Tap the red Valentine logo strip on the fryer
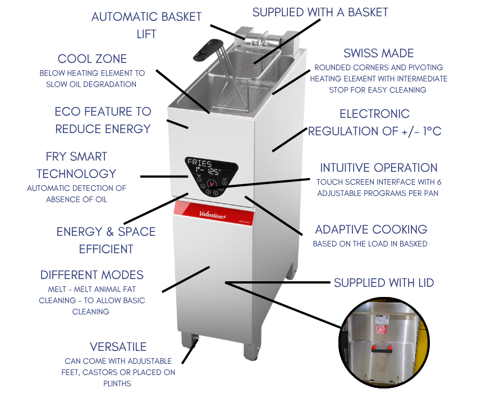coord(214,213)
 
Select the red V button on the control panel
coord(212,184)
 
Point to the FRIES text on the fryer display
coord(199,162)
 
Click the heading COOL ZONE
coord(92,59)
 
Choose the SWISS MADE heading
coord(379,53)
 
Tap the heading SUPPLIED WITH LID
coord(384,283)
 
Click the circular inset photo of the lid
coord(384,342)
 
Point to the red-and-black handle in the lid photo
coord(382,349)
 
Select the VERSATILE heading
coord(118,347)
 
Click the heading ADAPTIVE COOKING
coord(371,230)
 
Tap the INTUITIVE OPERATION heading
coord(379,168)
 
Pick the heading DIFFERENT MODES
coord(92,275)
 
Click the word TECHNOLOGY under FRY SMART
coord(76,174)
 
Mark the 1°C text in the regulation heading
coord(432,131)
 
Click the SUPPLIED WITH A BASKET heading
coord(320,12)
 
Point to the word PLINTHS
coord(117,383)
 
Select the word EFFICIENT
coord(106,249)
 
